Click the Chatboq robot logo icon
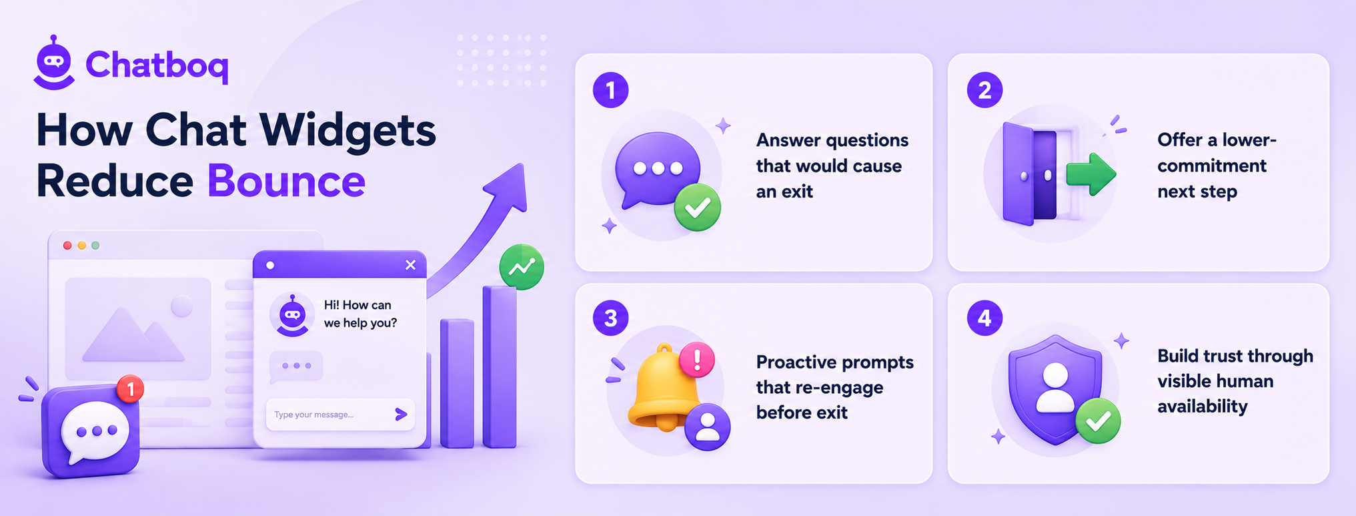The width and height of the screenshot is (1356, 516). [54, 63]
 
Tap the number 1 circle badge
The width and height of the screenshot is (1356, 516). [610, 90]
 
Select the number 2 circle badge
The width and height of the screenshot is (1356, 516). [984, 90]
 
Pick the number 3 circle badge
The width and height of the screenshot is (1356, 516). [610, 318]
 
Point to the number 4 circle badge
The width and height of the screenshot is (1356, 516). [984, 318]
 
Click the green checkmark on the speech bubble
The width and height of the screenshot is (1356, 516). [697, 208]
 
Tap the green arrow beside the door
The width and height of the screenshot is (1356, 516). [1091, 174]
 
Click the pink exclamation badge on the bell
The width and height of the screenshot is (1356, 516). [697, 360]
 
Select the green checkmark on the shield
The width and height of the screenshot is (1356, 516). [1098, 421]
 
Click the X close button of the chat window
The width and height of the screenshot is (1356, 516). [410, 265]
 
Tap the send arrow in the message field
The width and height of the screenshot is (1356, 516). [401, 415]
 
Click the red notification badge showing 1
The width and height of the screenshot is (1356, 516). [131, 389]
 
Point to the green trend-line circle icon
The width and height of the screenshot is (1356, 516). [522, 267]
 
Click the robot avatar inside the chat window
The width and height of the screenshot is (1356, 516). [292, 314]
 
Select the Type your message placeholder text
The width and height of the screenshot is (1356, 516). [313, 415]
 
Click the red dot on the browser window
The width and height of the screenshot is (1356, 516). [67, 246]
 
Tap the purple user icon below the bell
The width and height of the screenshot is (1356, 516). [708, 427]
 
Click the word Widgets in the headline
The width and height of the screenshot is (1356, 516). [348, 130]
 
